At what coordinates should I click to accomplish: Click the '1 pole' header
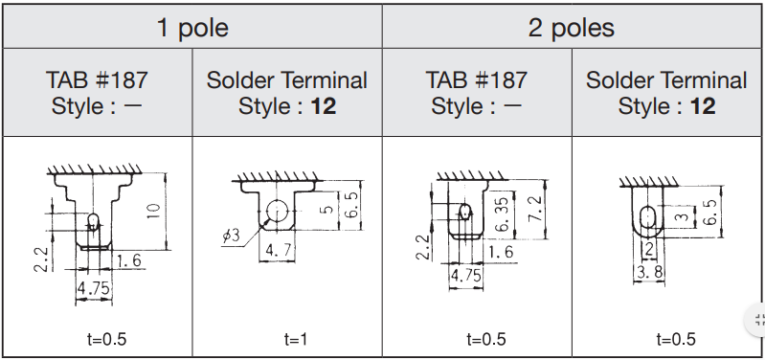tap(192, 28)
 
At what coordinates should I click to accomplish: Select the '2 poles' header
tap(572, 28)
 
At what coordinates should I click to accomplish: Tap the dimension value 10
tap(154, 211)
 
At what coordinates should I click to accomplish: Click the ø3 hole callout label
tap(232, 236)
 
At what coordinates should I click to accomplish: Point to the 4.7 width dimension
tap(278, 250)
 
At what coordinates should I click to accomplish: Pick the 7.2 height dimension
tap(536, 209)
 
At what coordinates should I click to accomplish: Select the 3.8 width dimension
tap(649, 272)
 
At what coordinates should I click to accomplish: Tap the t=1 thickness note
tap(296, 339)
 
